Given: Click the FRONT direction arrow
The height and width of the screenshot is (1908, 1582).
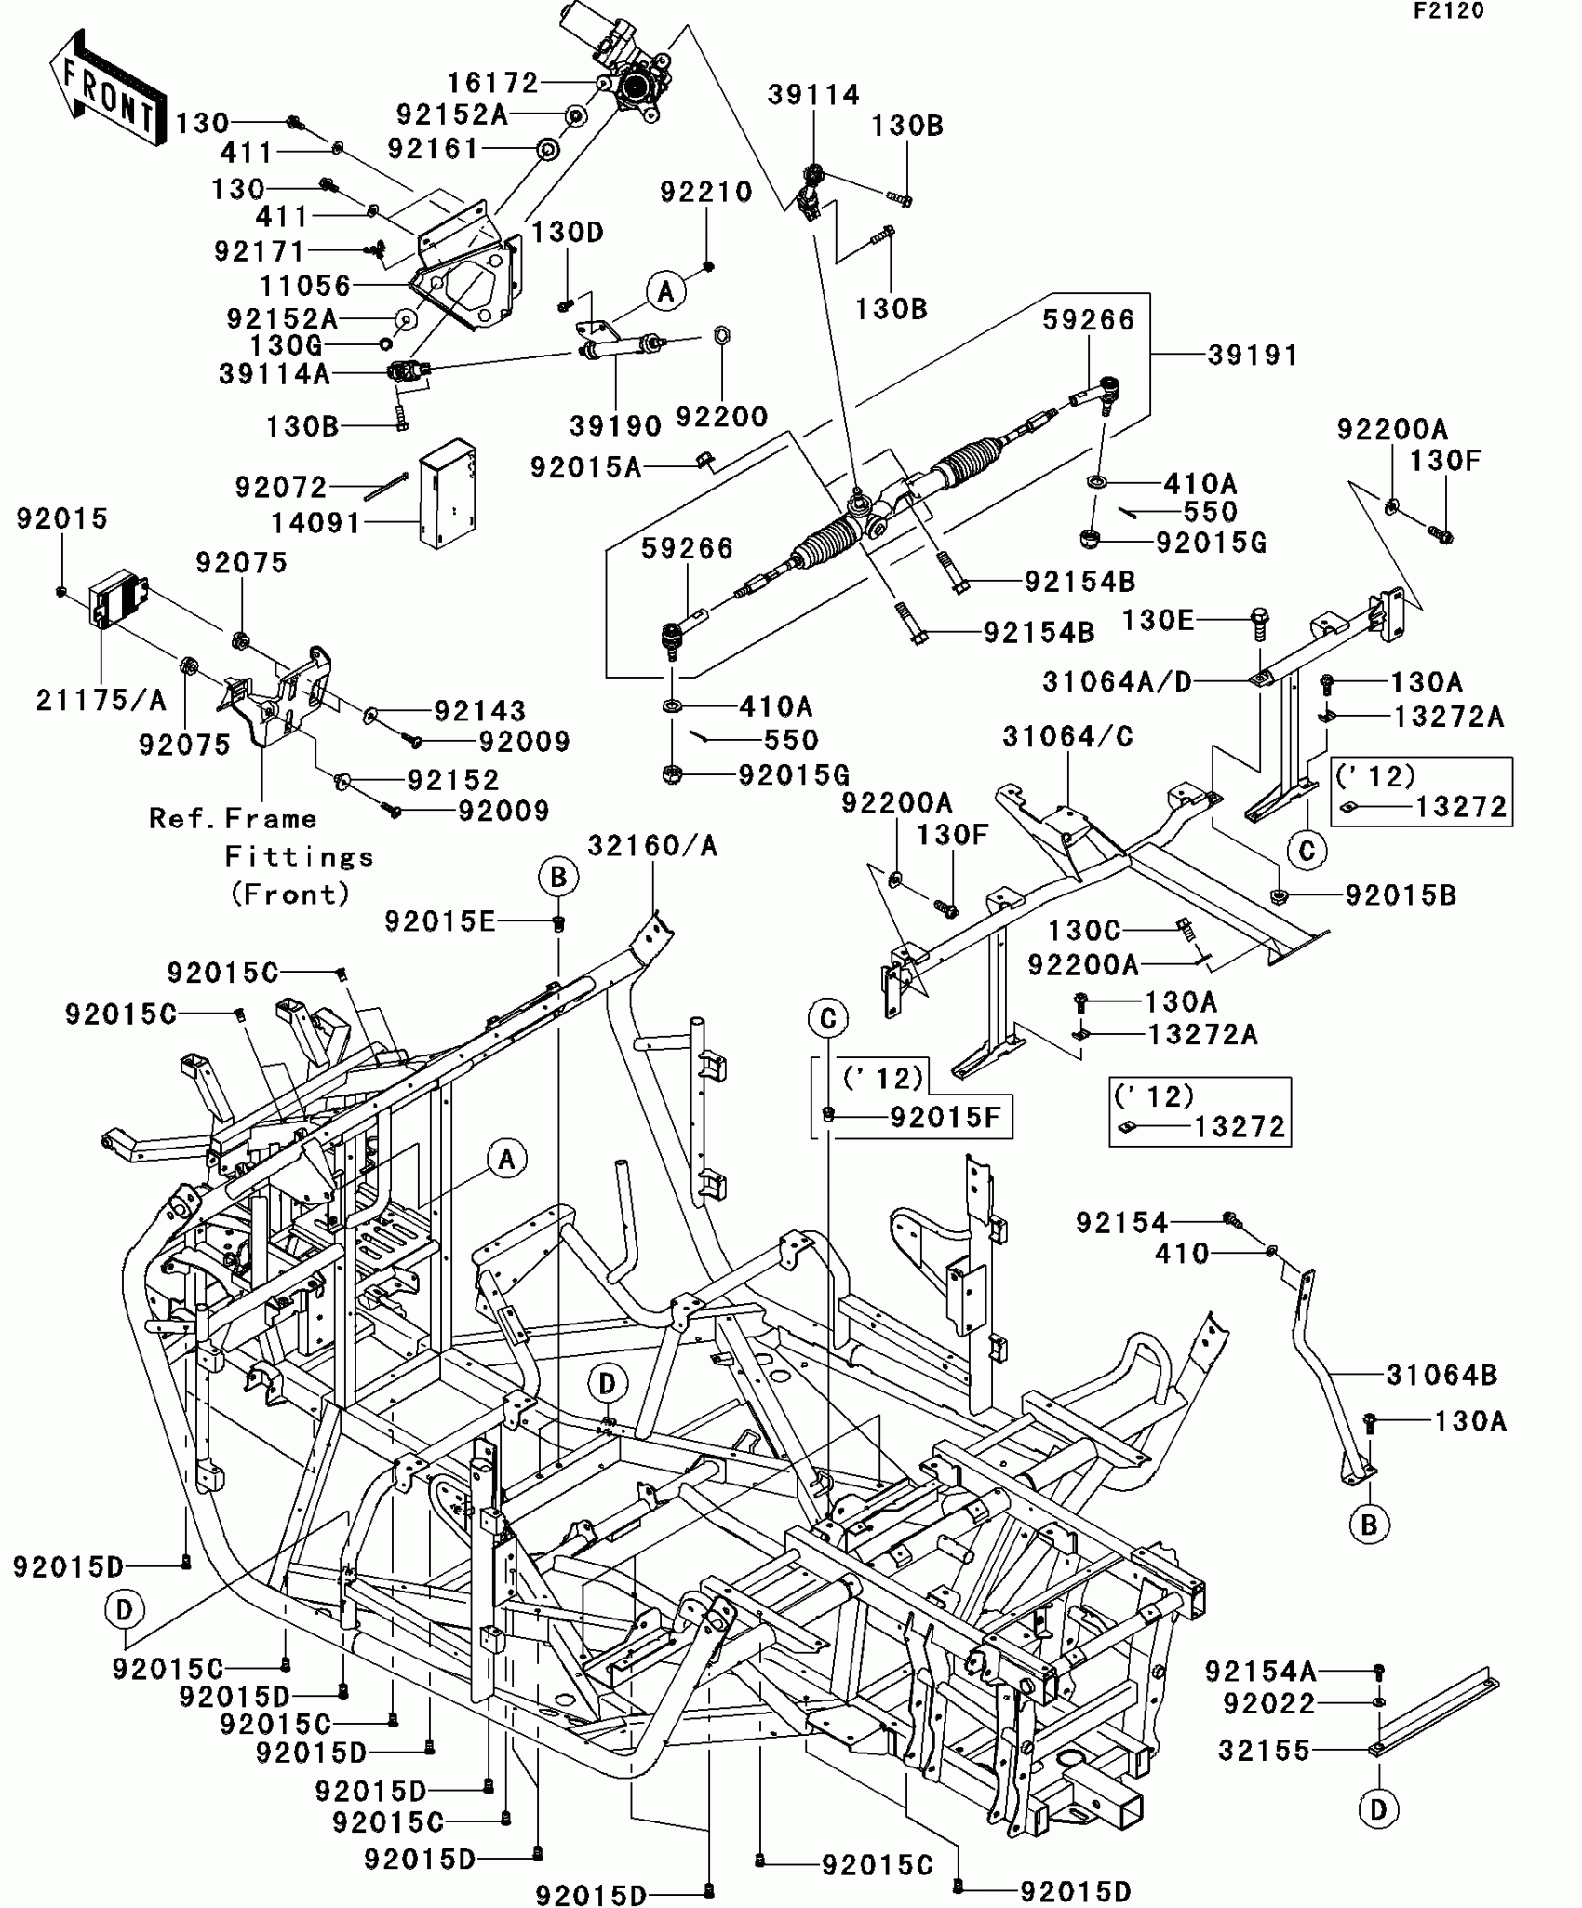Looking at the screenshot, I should [x=107, y=88].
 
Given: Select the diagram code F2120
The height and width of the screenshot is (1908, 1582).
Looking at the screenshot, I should [x=1448, y=11].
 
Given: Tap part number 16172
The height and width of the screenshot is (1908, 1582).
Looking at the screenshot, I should [x=492, y=84].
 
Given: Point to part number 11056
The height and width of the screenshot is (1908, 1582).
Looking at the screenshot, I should [x=305, y=286].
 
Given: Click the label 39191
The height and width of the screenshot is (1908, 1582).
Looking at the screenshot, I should [x=1252, y=356].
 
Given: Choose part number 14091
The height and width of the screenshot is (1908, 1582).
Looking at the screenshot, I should [x=315, y=523].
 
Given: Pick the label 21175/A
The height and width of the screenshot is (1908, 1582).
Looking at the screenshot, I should [x=101, y=700].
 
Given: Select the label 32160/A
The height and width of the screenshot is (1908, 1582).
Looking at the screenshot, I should [x=652, y=846].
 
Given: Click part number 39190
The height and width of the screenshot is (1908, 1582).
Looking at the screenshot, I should [x=615, y=426].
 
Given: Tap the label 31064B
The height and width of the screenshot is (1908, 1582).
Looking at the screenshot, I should [x=1441, y=1375].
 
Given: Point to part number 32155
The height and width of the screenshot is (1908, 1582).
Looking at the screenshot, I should [x=1264, y=1751].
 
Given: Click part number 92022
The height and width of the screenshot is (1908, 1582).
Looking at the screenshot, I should [x=1269, y=1703].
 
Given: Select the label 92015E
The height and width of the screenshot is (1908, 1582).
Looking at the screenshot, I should [x=440, y=921].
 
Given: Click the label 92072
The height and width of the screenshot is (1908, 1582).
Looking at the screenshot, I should [x=281, y=487].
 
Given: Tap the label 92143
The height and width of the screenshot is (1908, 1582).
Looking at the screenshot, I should [x=480, y=711].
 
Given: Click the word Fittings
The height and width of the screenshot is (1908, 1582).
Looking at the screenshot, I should [x=299, y=856].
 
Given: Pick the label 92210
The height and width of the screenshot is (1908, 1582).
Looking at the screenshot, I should [x=705, y=192].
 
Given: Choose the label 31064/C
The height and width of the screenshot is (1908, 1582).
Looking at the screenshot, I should [x=1067, y=737].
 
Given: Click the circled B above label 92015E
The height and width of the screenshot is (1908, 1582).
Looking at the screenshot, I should [x=557, y=877].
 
